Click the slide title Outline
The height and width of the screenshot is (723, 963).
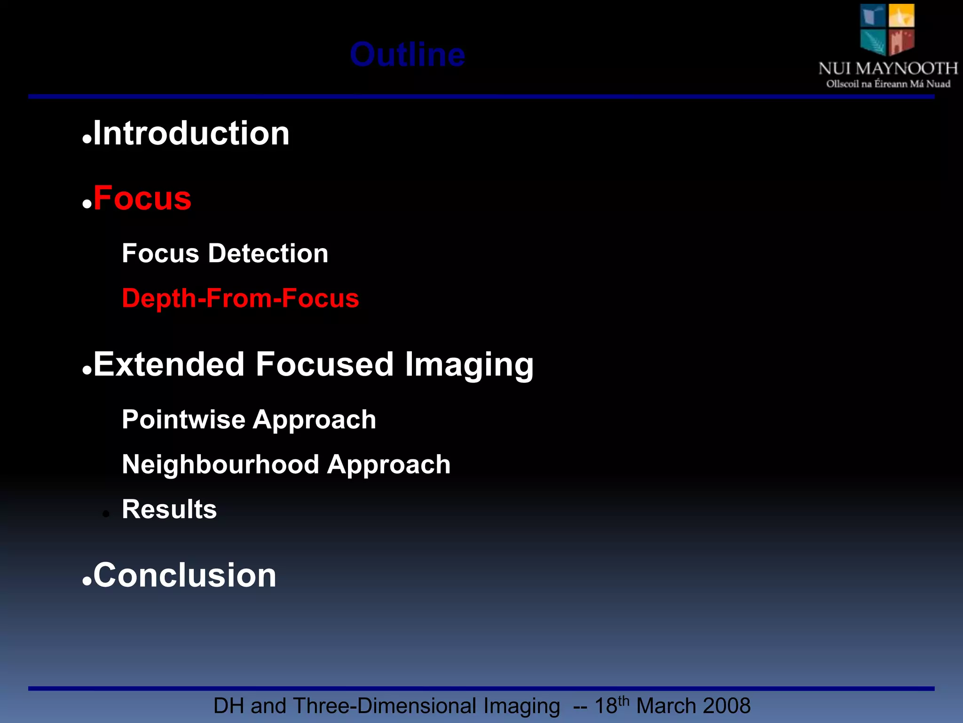pos(407,55)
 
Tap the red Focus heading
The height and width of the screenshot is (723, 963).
pos(142,198)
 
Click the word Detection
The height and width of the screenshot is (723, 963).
pos(268,253)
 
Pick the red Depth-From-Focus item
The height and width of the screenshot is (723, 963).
pos(240,298)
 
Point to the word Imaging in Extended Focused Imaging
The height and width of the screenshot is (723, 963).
pos(469,365)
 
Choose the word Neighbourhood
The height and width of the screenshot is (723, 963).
pos(221,465)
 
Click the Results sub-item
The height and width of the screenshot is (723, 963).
pos(169,509)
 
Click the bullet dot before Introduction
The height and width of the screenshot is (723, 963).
pos(87,140)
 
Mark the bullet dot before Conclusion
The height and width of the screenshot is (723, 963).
pos(87,582)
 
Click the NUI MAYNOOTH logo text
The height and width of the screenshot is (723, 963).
pos(888,69)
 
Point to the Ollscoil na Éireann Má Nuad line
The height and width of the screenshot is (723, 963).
pos(888,84)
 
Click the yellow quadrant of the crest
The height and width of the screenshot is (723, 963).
pos(901,15)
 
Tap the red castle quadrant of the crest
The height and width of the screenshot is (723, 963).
pos(901,41)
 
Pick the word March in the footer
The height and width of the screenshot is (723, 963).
pos(665,706)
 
